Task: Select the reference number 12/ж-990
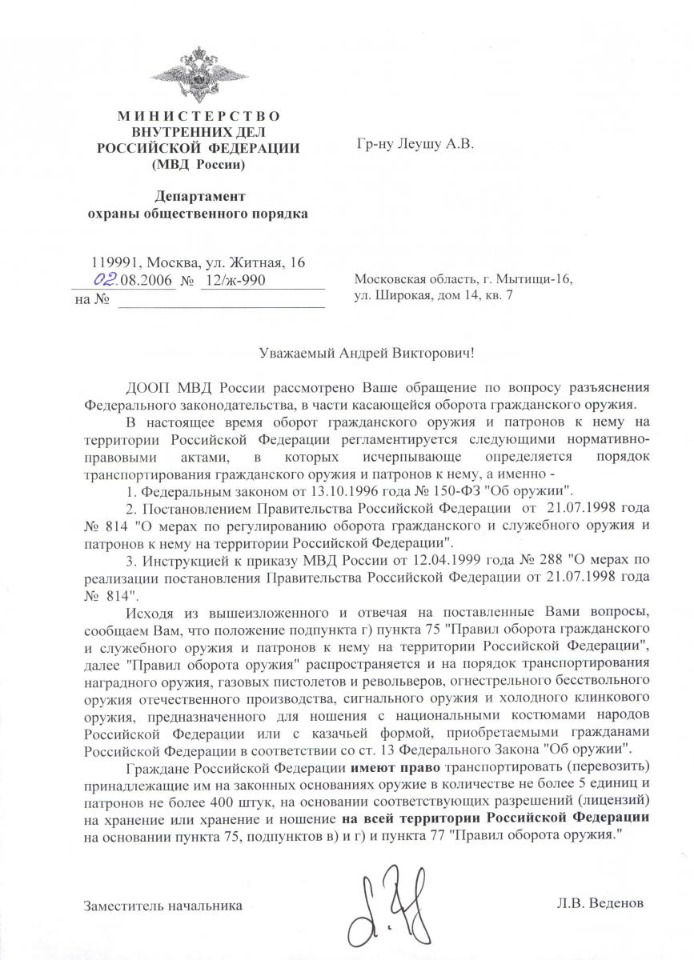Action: [233, 281]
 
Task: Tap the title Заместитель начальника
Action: [162, 906]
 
